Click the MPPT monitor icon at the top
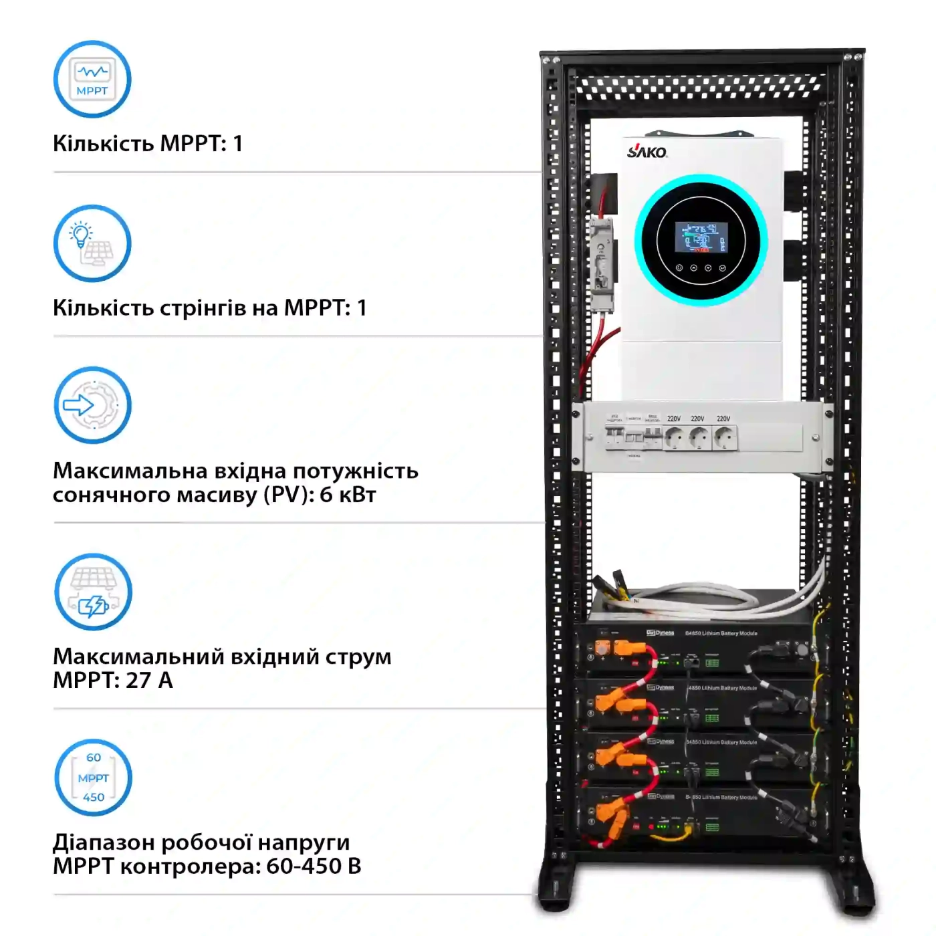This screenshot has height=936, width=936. pos(92,79)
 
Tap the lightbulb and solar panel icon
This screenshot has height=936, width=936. pos(92,243)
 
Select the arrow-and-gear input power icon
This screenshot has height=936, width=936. pos(92,405)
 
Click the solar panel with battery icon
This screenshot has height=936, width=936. pos(93,592)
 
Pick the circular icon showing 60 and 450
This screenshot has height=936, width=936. pos(93,778)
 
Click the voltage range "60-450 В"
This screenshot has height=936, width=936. pos(314,866)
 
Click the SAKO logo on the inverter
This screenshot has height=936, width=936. pos(647,151)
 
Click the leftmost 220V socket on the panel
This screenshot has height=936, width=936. pos(675,438)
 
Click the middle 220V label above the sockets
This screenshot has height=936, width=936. pos(697,419)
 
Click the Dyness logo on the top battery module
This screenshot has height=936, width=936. pos(661,632)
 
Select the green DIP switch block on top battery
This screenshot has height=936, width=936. pos(712,663)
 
